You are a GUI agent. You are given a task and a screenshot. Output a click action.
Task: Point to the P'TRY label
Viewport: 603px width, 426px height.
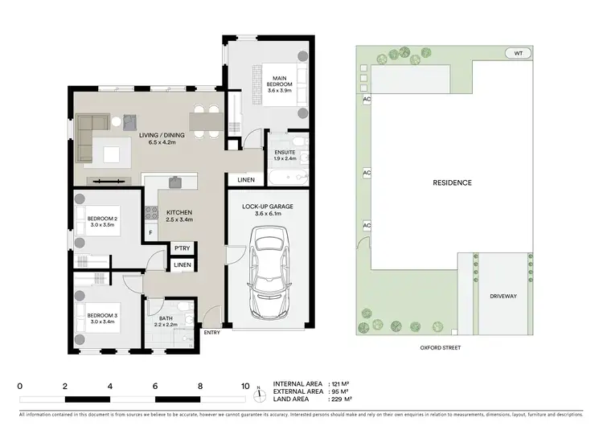click(183, 248)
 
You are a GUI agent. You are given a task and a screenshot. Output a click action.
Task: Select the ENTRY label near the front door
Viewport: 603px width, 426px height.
click(212, 333)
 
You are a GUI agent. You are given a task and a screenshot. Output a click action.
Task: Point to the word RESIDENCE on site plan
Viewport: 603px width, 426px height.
click(453, 182)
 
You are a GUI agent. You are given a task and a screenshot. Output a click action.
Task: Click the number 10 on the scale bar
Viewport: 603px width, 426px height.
click(245, 386)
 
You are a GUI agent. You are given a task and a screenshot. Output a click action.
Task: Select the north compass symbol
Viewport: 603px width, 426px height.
click(259, 394)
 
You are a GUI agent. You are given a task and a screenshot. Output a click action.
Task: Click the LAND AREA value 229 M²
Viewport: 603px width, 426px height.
click(343, 401)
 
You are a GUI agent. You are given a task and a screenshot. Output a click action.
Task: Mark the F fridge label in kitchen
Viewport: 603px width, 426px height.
click(150, 233)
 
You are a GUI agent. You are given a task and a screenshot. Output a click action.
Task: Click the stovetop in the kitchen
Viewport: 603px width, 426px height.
click(150, 213)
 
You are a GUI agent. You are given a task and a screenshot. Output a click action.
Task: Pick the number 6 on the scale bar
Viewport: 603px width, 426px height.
click(155, 386)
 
